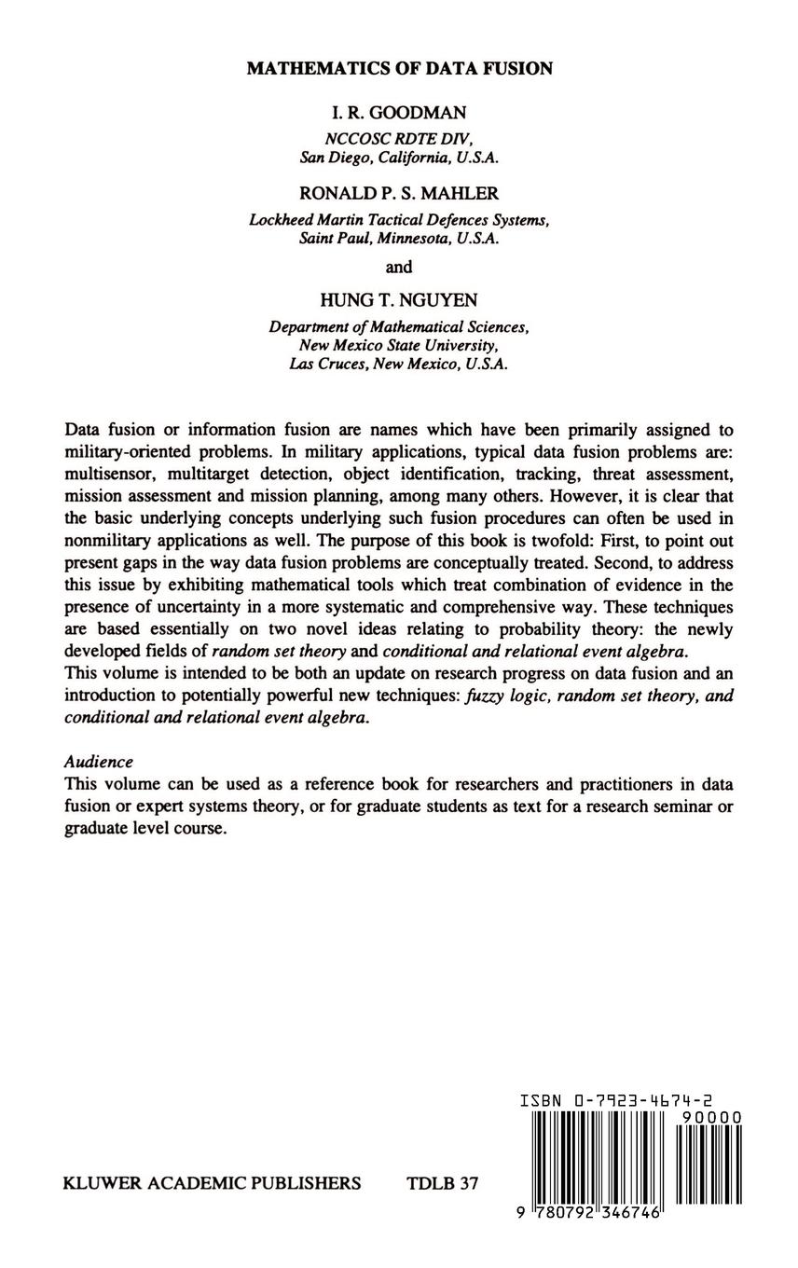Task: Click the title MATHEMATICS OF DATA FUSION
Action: pyautogui.click(x=399, y=68)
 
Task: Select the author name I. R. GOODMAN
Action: pyautogui.click(x=399, y=113)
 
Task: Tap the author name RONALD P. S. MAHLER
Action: pyautogui.click(x=399, y=193)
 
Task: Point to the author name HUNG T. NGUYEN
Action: pyautogui.click(x=399, y=299)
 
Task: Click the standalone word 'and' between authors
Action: pyautogui.click(x=399, y=267)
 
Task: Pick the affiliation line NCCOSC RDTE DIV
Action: pyautogui.click(x=399, y=137)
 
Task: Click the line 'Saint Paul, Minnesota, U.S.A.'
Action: pyautogui.click(x=399, y=238)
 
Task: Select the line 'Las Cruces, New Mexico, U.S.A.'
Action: pyautogui.click(x=399, y=364)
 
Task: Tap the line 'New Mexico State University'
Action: pyautogui.click(x=399, y=345)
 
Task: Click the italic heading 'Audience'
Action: pyautogui.click(x=99, y=762)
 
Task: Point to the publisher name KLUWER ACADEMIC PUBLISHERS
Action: pyautogui.click(x=212, y=1183)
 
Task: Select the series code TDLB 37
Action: pyautogui.click(x=443, y=1183)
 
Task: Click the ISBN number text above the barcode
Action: pyautogui.click(x=617, y=1101)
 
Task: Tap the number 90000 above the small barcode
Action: pyautogui.click(x=711, y=1118)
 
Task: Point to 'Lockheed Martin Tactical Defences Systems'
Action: pyautogui.click(x=399, y=220)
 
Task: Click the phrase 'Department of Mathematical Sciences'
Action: pyautogui.click(x=399, y=327)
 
